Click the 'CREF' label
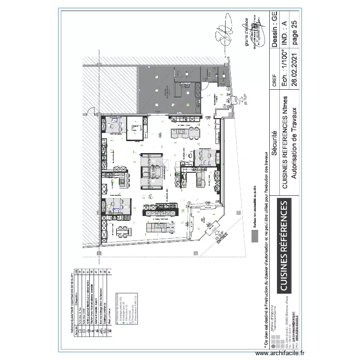[275, 80]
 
